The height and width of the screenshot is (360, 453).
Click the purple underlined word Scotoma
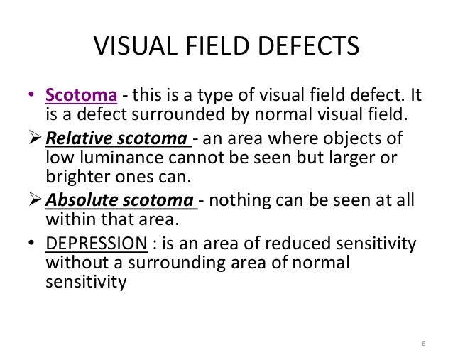77,94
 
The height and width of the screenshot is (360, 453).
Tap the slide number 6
424,344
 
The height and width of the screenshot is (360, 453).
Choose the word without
73,263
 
